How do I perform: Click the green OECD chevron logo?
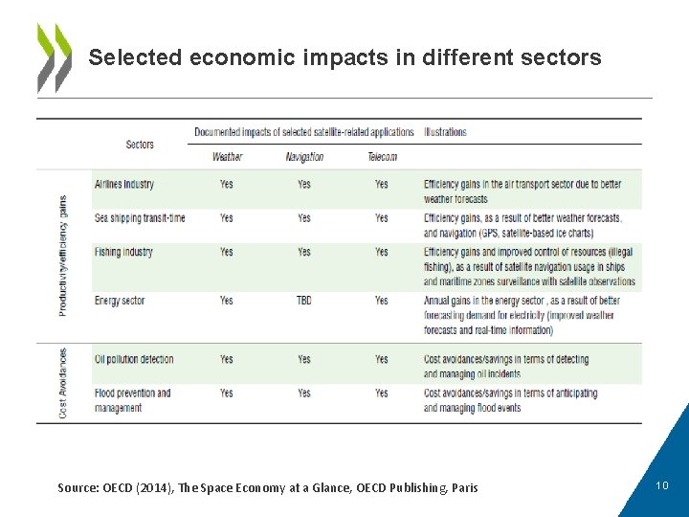(54, 57)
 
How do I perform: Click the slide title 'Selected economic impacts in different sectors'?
(344, 57)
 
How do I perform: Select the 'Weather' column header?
(227, 157)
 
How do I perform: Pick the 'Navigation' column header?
(304, 157)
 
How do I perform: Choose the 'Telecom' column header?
(382, 157)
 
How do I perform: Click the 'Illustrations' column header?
(445, 132)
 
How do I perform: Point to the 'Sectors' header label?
(140, 145)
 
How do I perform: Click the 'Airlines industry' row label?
(124, 184)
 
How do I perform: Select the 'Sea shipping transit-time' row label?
(140, 218)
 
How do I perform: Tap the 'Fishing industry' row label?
(123, 252)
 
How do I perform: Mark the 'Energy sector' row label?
(120, 301)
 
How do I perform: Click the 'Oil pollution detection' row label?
(134, 359)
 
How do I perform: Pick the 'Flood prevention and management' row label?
(132, 400)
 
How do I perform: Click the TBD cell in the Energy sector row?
(303, 301)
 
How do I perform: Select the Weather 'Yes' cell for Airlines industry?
(226, 184)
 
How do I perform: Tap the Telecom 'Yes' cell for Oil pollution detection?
(382, 359)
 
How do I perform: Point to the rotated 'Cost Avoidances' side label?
(63, 383)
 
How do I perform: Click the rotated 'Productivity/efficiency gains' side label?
(63, 256)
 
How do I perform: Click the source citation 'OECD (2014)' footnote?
(268, 488)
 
